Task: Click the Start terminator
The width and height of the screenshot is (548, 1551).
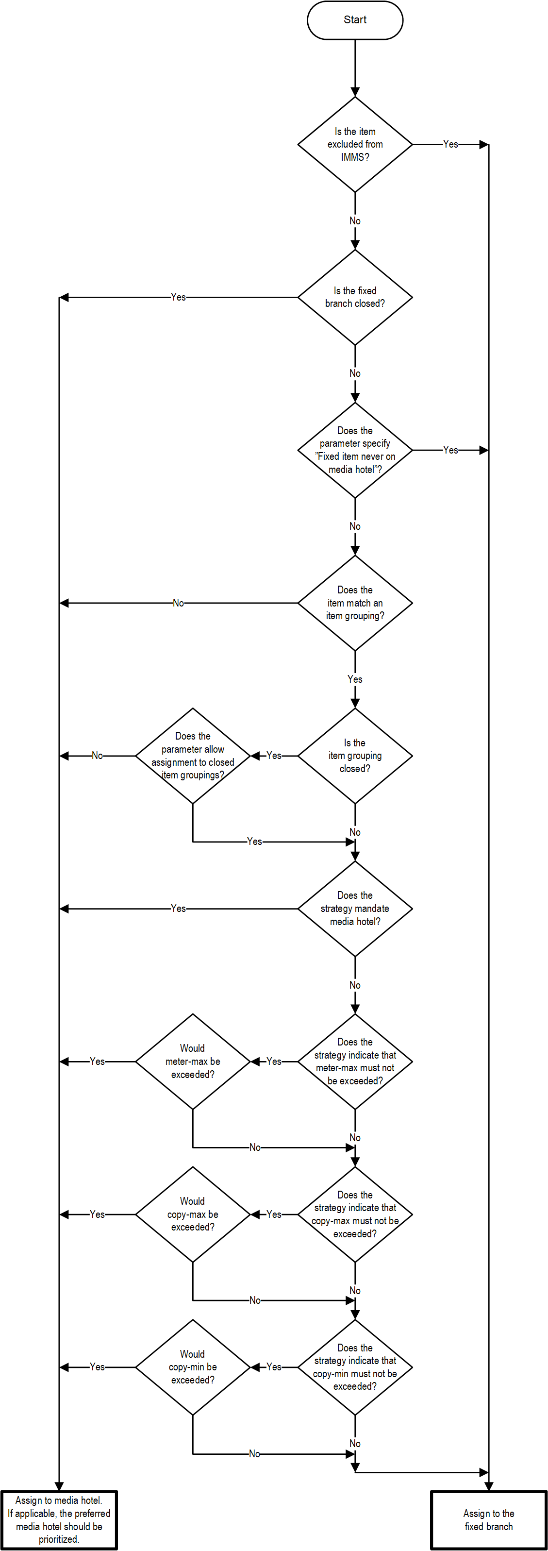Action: tap(355, 20)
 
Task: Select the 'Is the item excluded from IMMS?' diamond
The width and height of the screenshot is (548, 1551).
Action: tap(355, 145)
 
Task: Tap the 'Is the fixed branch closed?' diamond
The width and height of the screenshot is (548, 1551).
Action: tap(355, 298)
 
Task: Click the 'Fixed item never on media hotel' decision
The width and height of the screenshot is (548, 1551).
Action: tap(355, 450)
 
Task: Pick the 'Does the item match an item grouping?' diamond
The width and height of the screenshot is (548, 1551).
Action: tap(355, 603)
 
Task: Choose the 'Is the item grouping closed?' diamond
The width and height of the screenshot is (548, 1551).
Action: tap(355, 756)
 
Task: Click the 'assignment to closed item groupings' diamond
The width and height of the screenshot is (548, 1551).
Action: tap(193, 756)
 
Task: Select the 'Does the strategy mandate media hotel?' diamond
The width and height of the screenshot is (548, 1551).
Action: tap(355, 909)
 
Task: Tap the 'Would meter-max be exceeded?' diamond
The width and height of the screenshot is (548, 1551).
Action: tap(193, 1062)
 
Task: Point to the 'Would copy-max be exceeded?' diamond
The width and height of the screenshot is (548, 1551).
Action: tap(193, 1214)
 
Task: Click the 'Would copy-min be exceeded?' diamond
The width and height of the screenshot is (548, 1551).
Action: tap(193, 1367)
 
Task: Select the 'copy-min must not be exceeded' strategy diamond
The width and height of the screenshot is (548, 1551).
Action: tap(355, 1367)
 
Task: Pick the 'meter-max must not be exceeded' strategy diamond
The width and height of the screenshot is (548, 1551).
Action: tap(355, 1062)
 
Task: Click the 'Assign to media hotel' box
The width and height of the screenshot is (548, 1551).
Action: tap(59, 1520)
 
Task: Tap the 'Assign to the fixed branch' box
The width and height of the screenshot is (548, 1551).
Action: tap(488, 1520)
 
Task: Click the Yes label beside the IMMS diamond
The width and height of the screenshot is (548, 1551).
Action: tap(450, 145)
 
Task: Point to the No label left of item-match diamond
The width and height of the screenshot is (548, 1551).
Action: tap(178, 603)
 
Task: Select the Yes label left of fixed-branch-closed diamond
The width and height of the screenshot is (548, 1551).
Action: tap(178, 297)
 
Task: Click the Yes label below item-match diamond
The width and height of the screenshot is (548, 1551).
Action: tap(355, 679)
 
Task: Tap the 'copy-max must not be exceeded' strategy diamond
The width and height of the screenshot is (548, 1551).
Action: tap(355, 1214)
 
